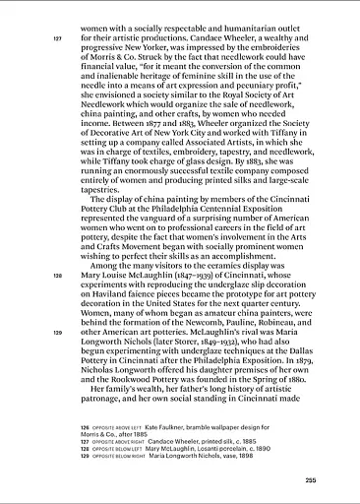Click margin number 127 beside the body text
click(57, 38)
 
